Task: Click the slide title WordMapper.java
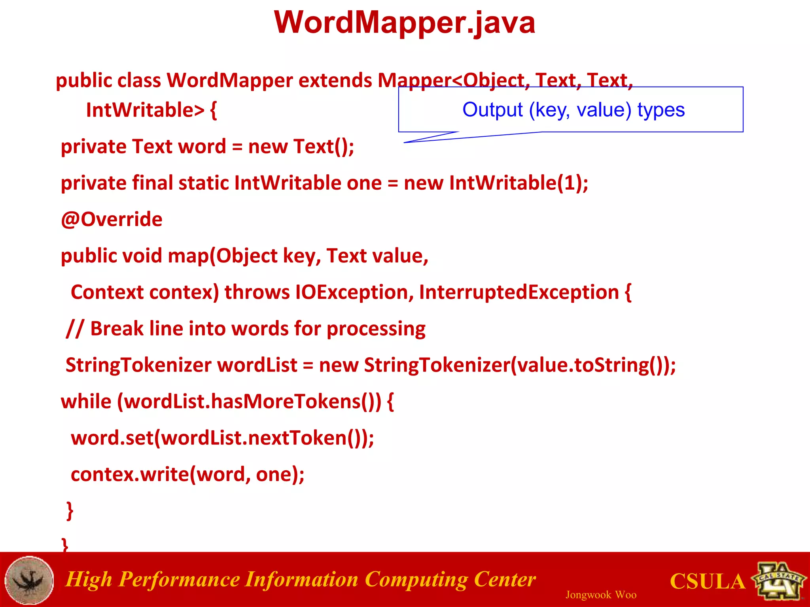[404, 23]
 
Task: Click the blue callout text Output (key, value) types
[573, 109]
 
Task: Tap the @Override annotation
[112, 219]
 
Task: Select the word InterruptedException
[519, 292]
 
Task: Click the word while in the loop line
[86, 402]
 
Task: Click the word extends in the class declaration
[335, 81]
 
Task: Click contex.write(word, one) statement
[187, 474]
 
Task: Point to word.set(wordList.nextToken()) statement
[222, 438]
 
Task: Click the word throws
[257, 292]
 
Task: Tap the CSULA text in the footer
[707, 581]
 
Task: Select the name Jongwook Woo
[600, 595]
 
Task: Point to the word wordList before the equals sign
[257, 365]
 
